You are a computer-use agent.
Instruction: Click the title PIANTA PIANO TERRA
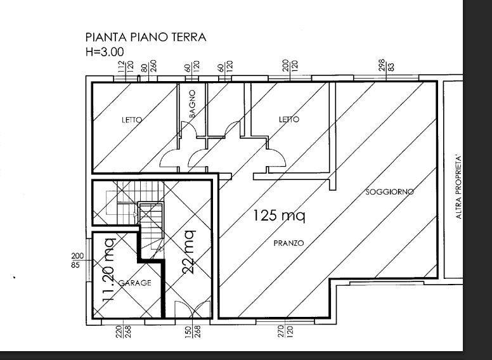pos(145,37)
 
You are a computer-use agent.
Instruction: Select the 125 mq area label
pos(279,215)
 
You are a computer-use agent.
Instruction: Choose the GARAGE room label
pos(135,283)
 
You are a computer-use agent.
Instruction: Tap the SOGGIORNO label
pos(389,191)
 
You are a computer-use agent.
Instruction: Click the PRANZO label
pos(288,243)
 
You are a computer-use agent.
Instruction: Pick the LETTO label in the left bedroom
pos(132,119)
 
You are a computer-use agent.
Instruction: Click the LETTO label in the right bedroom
pos(289,119)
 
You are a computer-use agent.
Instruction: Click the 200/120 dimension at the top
pos(290,65)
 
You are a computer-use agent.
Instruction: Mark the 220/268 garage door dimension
pos(123,331)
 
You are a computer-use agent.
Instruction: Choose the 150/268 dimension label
pos(192,331)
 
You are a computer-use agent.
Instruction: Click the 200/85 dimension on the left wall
pos(75,260)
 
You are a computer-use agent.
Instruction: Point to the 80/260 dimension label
pos(149,65)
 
